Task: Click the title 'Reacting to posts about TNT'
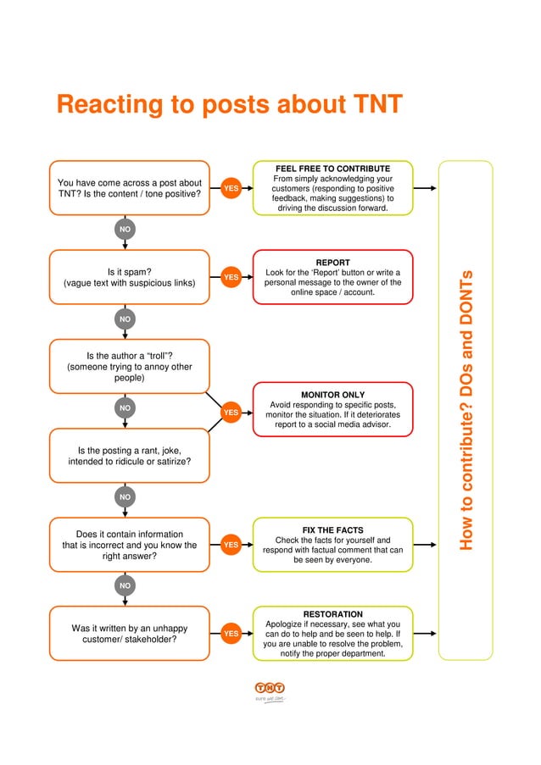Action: click(x=229, y=106)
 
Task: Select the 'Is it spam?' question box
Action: click(x=129, y=277)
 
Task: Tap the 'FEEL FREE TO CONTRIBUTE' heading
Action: click(x=332, y=169)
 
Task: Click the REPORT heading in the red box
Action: click(x=332, y=263)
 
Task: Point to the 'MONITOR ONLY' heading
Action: click(x=332, y=395)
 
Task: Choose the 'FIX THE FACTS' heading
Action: click(x=332, y=530)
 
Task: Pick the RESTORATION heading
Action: click(x=332, y=614)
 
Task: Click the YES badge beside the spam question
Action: click(x=230, y=276)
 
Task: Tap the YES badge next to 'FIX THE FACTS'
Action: click(x=230, y=544)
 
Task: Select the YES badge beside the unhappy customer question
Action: click(x=230, y=633)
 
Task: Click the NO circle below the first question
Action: click(x=125, y=229)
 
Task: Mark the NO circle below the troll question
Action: click(x=125, y=408)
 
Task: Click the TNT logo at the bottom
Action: click(x=270, y=689)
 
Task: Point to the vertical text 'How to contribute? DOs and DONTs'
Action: click(x=466, y=409)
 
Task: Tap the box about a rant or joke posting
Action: click(x=129, y=456)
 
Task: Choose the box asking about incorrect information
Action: click(x=129, y=545)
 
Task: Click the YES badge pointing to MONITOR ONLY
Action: click(x=230, y=413)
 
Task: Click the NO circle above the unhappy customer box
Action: click(x=125, y=585)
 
